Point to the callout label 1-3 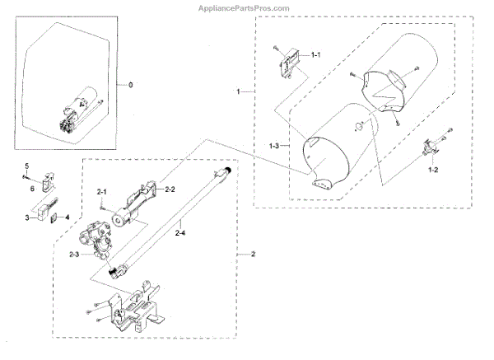[277, 146]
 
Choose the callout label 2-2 [171, 189]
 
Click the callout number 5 [26, 167]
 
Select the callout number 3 [27, 217]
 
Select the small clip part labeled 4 [55, 218]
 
